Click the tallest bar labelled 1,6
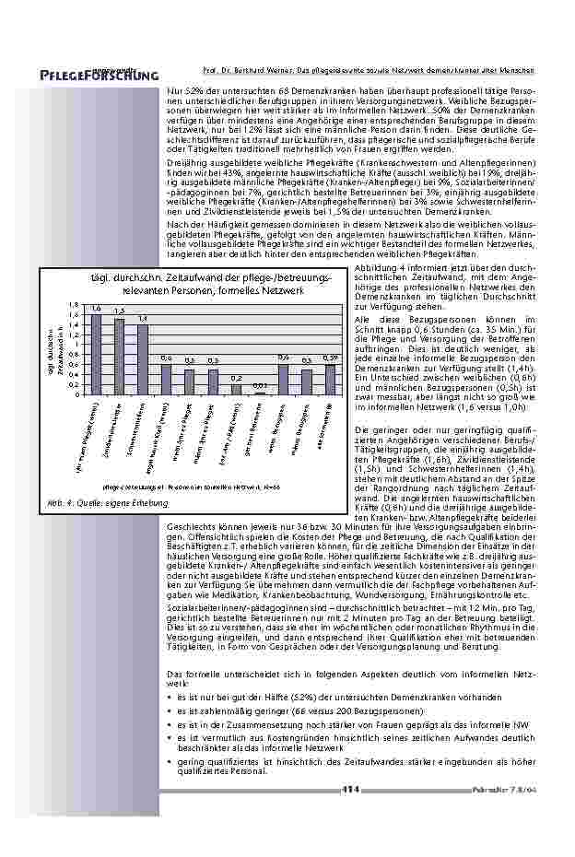pyautogui.click(x=96, y=354)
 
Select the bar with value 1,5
pyautogui.click(x=119, y=357)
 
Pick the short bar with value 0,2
pyautogui.click(x=236, y=389)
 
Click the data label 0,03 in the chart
pyautogui.click(x=260, y=385)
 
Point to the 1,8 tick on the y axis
pyautogui.click(x=75, y=303)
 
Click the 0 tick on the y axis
pyautogui.click(x=77, y=394)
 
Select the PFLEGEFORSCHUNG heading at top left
pyautogui.click(x=93, y=75)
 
